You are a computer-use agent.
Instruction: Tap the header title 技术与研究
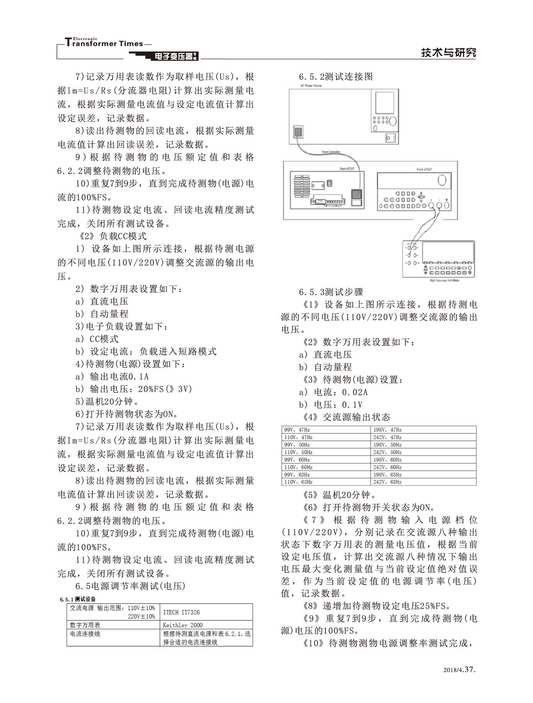448,53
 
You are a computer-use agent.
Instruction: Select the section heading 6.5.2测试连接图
336,76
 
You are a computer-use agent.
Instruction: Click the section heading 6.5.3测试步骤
331,292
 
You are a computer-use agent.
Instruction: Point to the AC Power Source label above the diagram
311,85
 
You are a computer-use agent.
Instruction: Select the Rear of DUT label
347,168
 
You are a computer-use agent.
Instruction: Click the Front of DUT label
424,169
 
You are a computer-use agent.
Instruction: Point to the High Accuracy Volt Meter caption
445,280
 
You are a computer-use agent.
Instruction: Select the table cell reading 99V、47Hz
297,430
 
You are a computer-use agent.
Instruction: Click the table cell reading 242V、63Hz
387,482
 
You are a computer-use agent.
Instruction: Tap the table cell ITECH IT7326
182,612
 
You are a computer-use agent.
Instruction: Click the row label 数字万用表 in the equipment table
85,625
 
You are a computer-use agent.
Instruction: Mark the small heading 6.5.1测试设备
78,599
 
